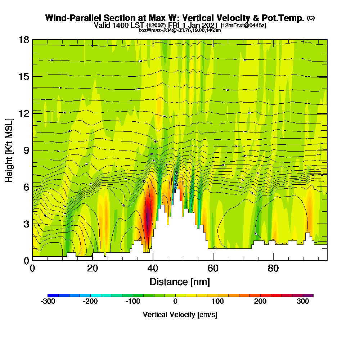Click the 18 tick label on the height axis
(x=24, y=40)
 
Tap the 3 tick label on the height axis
(x=26, y=224)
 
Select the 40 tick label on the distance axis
(x=153, y=269)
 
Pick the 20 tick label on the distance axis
(x=93, y=269)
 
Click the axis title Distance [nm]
(x=180, y=282)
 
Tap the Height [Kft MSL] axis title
(x=9, y=150)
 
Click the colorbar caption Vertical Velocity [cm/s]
(x=180, y=315)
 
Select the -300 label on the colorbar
(x=48, y=302)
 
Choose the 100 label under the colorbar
(x=218, y=302)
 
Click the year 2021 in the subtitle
(x=210, y=25)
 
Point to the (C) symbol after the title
(x=311, y=18)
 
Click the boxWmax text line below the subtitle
(x=180, y=30)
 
